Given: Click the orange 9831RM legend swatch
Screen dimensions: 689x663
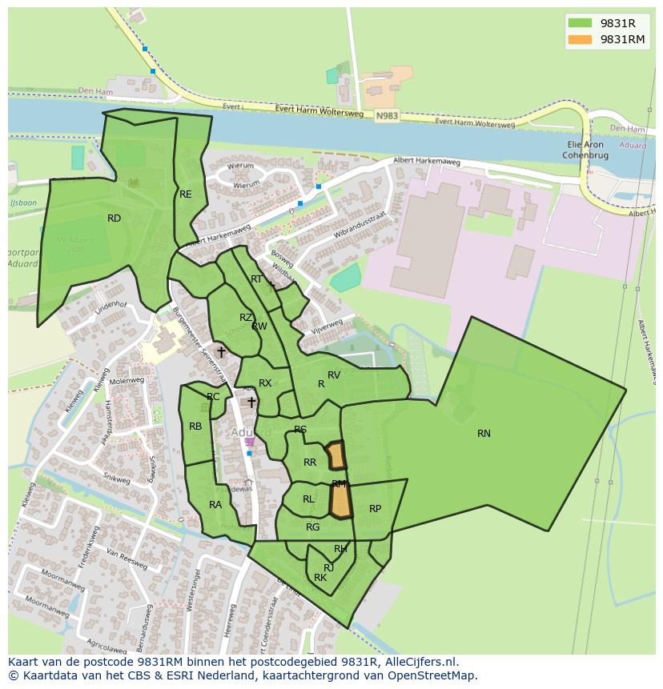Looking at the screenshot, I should coord(581,39).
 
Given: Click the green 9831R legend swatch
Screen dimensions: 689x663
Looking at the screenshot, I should coord(581,22).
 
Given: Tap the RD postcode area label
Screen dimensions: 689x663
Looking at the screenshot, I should coord(114,218).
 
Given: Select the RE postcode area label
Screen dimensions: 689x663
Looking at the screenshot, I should coord(186,194).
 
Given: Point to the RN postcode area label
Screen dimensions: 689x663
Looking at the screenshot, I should coord(484,434).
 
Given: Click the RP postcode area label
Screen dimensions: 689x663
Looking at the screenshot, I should coord(375,509).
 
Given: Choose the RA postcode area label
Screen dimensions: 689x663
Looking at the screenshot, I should coord(215,505).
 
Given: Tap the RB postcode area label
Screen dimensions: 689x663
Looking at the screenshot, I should coord(195,427).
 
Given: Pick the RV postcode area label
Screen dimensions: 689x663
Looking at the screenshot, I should coord(334,375).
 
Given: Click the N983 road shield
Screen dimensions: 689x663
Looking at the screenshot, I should coord(386,116).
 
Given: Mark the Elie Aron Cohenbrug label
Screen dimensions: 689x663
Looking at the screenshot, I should coord(584,150).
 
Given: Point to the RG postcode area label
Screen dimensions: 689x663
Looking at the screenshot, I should coord(312,527).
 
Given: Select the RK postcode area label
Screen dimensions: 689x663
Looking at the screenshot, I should coord(320,578).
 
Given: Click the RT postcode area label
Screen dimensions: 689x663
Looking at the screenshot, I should coord(256,279).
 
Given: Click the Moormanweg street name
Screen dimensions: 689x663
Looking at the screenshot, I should coord(65,586).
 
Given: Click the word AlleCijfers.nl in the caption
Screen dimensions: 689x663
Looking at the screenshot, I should coord(419,662).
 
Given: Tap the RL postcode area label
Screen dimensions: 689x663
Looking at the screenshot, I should coord(308,499).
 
